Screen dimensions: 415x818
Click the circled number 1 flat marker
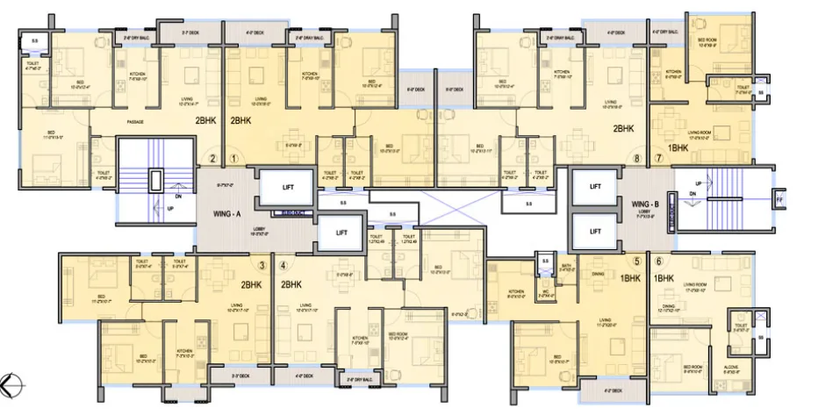233,159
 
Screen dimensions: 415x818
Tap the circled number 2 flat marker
212,159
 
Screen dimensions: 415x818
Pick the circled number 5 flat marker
636,261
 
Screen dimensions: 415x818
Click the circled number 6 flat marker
657,261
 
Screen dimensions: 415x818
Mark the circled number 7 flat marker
658,159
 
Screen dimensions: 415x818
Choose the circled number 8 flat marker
637,159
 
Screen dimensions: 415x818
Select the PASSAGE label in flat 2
134,122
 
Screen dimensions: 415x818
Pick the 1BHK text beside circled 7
678,149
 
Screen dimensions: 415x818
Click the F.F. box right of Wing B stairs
779,201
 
